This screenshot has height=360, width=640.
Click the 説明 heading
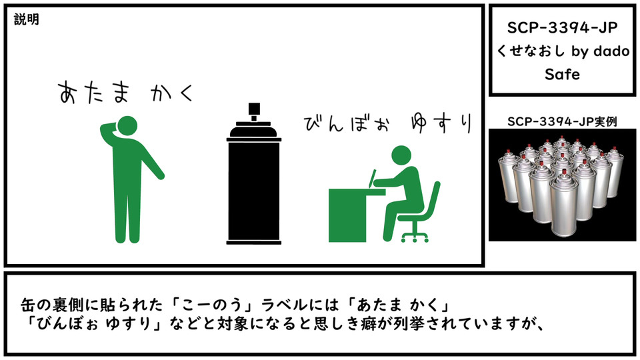[x=27, y=19]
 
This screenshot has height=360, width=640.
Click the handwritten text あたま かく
[x=126, y=92]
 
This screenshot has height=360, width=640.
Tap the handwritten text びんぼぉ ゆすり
[x=388, y=123]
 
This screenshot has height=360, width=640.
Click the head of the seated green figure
[x=401, y=156]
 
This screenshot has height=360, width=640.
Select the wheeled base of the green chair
[x=415, y=237]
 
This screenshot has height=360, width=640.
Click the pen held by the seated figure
[x=372, y=179]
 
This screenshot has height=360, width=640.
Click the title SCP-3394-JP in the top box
[x=562, y=28]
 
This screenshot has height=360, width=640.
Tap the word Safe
[x=562, y=74]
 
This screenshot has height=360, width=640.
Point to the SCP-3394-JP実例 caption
[x=562, y=121]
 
